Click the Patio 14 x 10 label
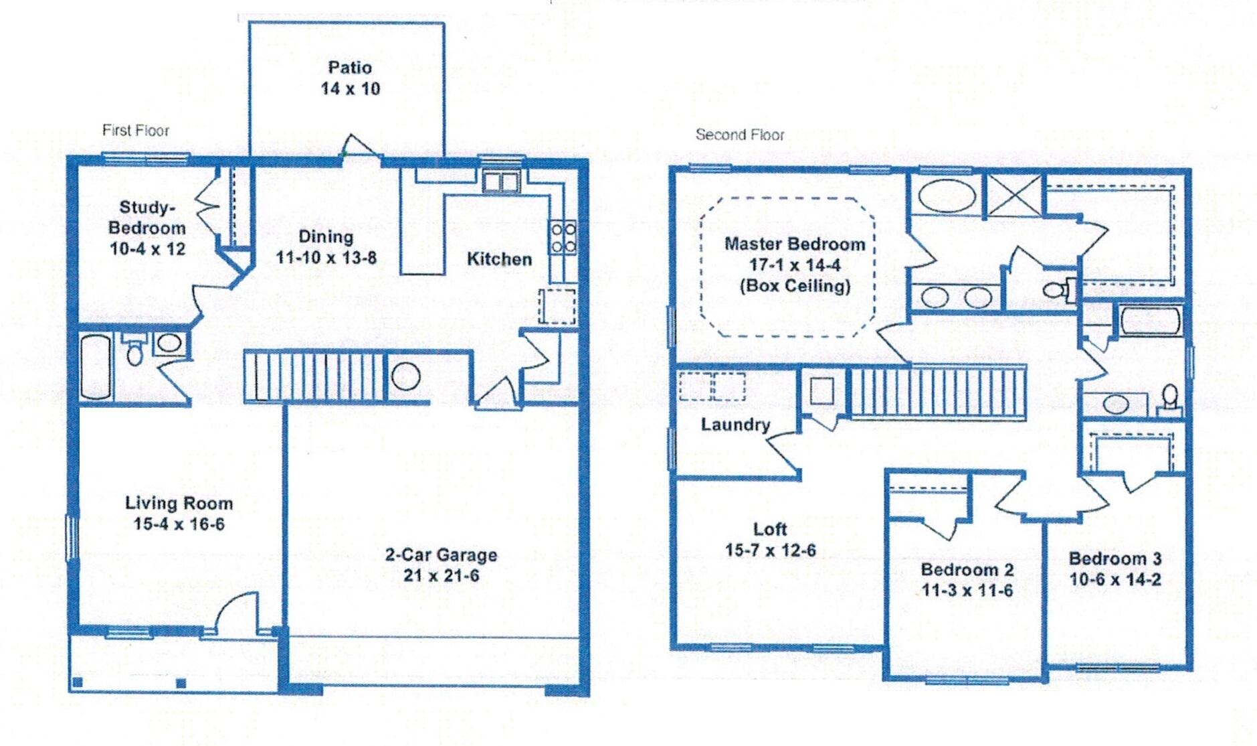[350, 78]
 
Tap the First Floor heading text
[135, 131]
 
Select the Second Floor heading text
[739, 135]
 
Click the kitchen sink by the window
[501, 181]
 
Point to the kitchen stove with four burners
[563, 238]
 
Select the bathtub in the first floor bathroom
[95, 368]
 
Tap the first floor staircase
[314, 377]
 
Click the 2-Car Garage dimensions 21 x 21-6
[441, 575]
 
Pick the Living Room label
[179, 503]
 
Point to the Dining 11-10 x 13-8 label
[326, 247]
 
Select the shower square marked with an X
[1014, 195]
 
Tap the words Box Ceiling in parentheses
[795, 286]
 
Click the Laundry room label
[735, 425]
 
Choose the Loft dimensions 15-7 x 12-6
[770, 550]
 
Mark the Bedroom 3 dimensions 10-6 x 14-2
[1115, 579]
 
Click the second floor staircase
[937, 392]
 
